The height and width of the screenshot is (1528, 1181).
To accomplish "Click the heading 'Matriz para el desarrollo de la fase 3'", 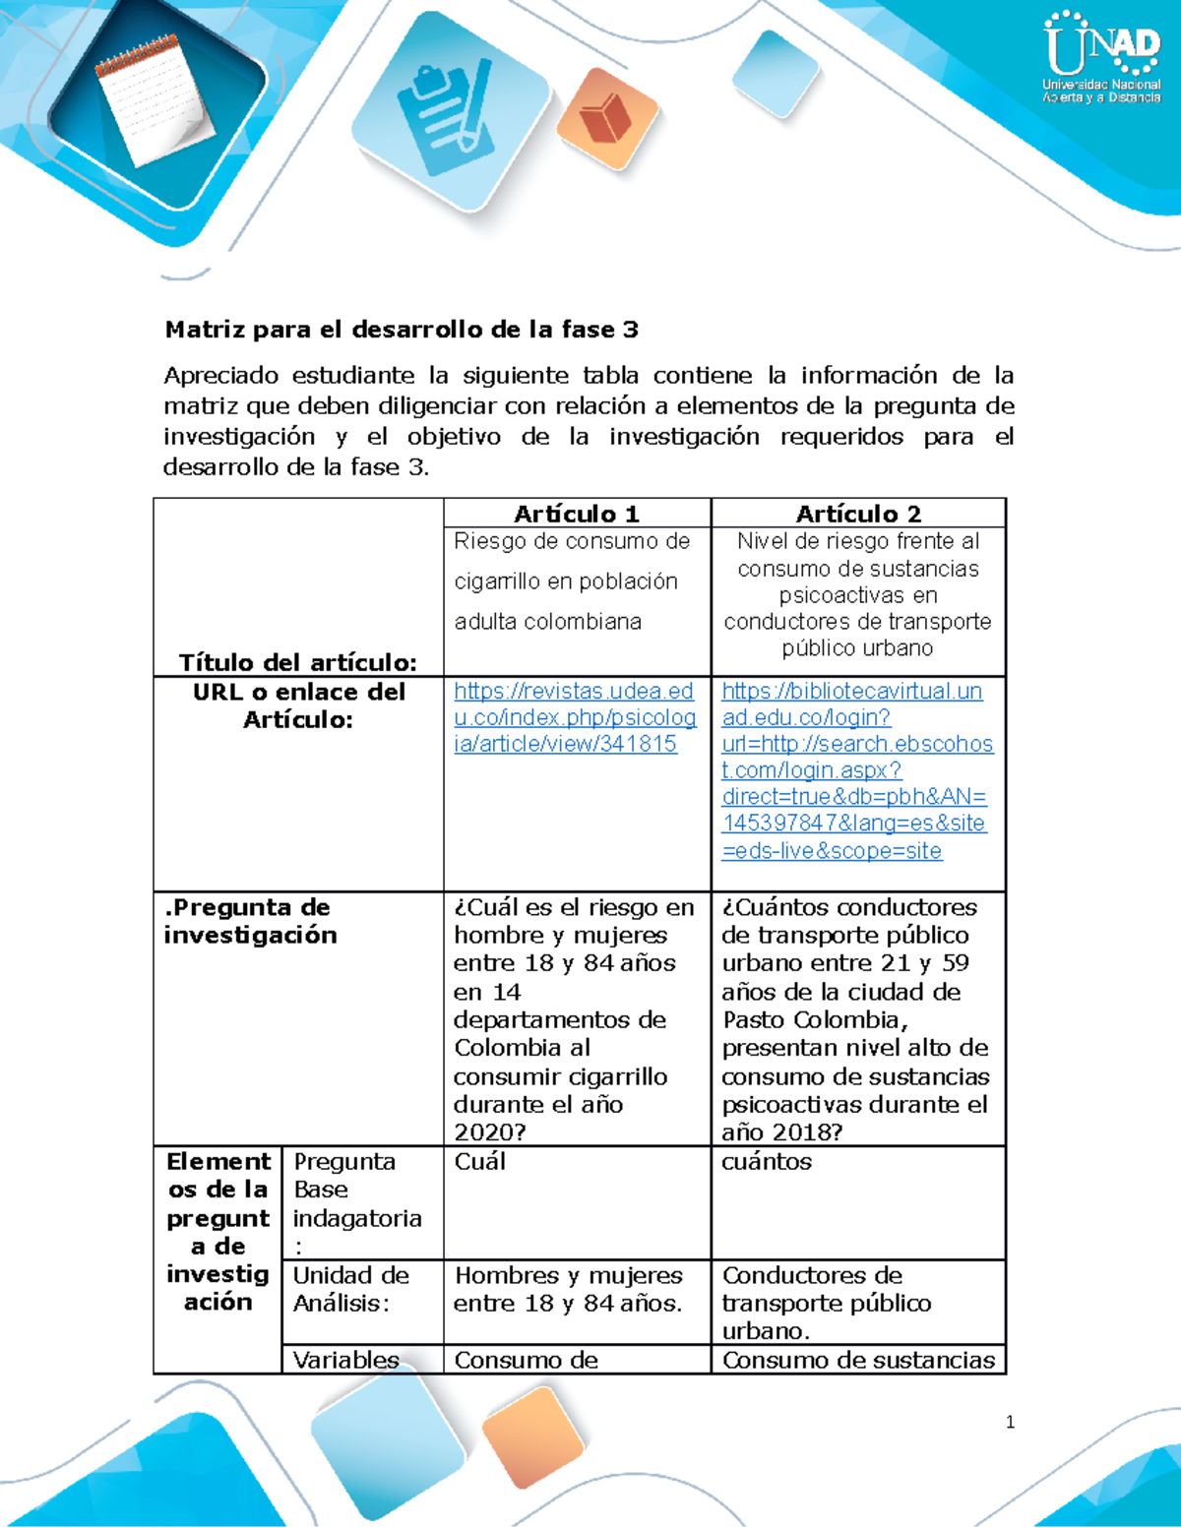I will pos(402,330).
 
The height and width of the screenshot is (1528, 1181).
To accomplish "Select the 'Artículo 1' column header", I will pos(577,514).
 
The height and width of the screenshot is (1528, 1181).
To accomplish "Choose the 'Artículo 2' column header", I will pos(858,514).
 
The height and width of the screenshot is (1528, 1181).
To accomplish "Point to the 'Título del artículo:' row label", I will pos(297,661).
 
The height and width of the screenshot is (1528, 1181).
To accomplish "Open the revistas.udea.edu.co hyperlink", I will pos(575,717).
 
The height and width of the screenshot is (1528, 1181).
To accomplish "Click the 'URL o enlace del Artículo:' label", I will pos(298,705).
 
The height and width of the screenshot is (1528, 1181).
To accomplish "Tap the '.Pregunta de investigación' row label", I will pos(250,921).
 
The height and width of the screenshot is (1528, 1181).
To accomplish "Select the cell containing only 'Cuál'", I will pos(480,1162).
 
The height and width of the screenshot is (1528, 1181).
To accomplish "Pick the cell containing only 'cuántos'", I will pos(767,1162).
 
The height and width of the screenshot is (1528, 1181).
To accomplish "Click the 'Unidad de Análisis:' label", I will pos(351,1289).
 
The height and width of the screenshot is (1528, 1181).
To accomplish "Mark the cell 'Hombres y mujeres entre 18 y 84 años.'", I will pos(568,1289).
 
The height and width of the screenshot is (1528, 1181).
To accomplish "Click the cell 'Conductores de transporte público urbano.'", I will pos(827,1303).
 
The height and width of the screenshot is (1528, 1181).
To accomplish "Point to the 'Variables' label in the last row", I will pos(345,1360).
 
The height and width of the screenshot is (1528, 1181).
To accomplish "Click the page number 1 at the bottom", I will pos(1010,1422).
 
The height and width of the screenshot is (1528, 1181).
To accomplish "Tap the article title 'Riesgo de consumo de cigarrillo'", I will pos(572,581).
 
